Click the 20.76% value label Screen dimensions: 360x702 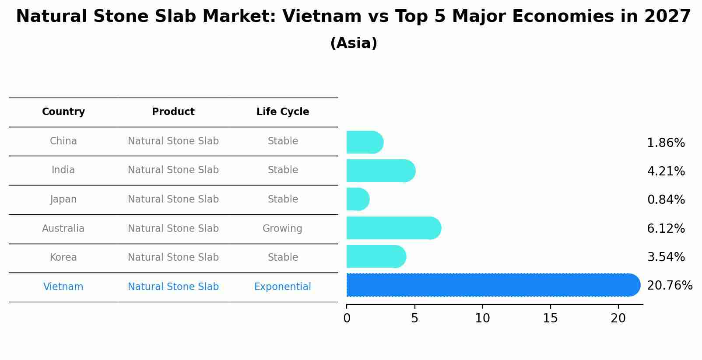(669, 286)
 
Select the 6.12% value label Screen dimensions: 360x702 (666, 228)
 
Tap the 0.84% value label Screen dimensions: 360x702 (666, 200)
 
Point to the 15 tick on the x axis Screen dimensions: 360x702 (550, 318)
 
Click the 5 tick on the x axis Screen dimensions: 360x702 (414, 318)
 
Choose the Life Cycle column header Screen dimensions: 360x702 (283, 112)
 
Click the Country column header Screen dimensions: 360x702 (63, 112)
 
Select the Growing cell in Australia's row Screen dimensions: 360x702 (282, 228)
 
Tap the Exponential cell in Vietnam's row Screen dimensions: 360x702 (282, 287)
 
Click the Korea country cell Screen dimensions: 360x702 (63, 257)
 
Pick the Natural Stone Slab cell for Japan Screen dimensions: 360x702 (173, 199)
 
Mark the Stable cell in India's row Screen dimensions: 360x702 (283, 170)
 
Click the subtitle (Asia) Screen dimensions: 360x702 (354, 43)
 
